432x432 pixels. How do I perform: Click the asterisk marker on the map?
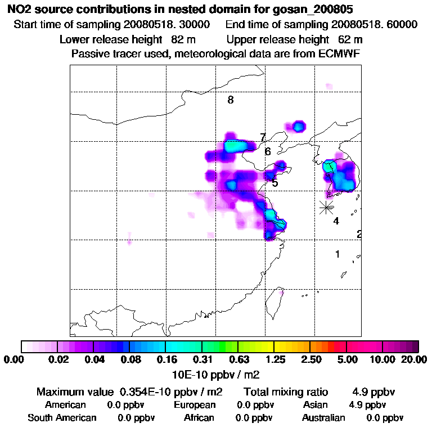[326, 206]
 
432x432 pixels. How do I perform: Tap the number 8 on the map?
[231, 100]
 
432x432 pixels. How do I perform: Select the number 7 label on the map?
[263, 138]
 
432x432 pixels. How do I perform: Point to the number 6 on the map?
[268, 151]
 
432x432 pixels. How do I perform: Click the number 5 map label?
[274, 183]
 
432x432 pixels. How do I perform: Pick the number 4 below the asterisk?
[336, 221]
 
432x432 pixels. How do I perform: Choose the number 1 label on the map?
[337, 254]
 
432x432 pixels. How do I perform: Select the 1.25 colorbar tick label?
[274, 359]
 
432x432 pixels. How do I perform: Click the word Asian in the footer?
[315, 405]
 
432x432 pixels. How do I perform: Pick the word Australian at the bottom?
[323, 418]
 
